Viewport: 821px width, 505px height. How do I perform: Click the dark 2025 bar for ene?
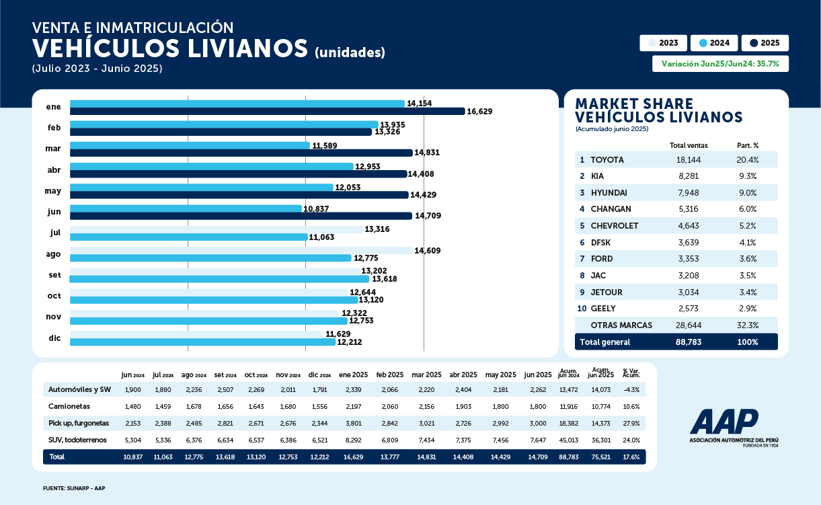point(268,112)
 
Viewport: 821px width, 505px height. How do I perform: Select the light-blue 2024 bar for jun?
point(186,208)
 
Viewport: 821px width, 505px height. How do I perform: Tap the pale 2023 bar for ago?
point(241,251)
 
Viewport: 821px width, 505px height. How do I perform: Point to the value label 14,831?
point(427,153)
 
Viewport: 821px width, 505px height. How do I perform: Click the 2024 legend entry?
point(714,43)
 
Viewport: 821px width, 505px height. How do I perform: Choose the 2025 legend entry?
point(765,43)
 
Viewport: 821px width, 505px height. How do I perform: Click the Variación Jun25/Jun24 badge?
point(720,64)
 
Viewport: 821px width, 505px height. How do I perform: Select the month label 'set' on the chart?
point(54,275)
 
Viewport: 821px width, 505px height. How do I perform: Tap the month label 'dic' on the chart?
point(54,338)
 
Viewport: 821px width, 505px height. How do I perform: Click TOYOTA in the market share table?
point(607,160)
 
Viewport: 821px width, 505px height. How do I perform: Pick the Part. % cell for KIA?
point(747,176)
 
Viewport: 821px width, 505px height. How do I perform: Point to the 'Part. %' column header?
point(747,145)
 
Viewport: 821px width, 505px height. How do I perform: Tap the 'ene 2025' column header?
point(352,375)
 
